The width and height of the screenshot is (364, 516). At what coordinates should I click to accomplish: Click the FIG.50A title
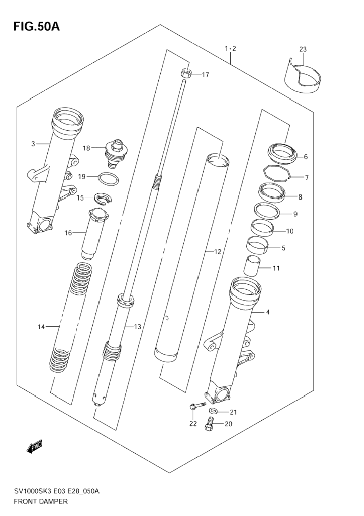click(x=37, y=27)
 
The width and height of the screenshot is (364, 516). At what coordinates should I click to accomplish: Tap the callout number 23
click(x=303, y=49)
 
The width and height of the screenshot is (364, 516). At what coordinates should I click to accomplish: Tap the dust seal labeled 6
click(x=282, y=153)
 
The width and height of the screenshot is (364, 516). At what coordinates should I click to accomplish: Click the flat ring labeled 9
click(x=266, y=210)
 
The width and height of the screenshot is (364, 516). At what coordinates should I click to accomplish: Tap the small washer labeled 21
click(x=213, y=410)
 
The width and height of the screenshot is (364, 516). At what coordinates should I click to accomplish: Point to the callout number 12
click(x=218, y=252)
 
